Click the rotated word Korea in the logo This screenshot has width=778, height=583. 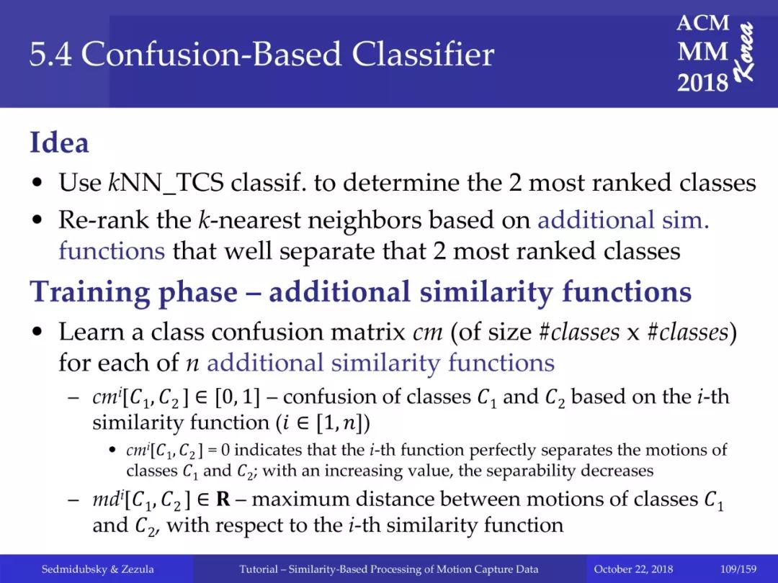(x=745, y=53)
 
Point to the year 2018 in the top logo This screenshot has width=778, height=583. (x=702, y=82)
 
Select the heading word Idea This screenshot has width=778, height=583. (x=60, y=143)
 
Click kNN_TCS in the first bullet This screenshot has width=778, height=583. (x=166, y=183)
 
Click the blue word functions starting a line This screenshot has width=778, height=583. (x=112, y=250)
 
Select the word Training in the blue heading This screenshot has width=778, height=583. (x=90, y=292)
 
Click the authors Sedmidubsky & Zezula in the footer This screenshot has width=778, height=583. (x=97, y=569)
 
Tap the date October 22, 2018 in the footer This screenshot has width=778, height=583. (x=633, y=569)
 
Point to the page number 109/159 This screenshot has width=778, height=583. (x=738, y=569)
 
